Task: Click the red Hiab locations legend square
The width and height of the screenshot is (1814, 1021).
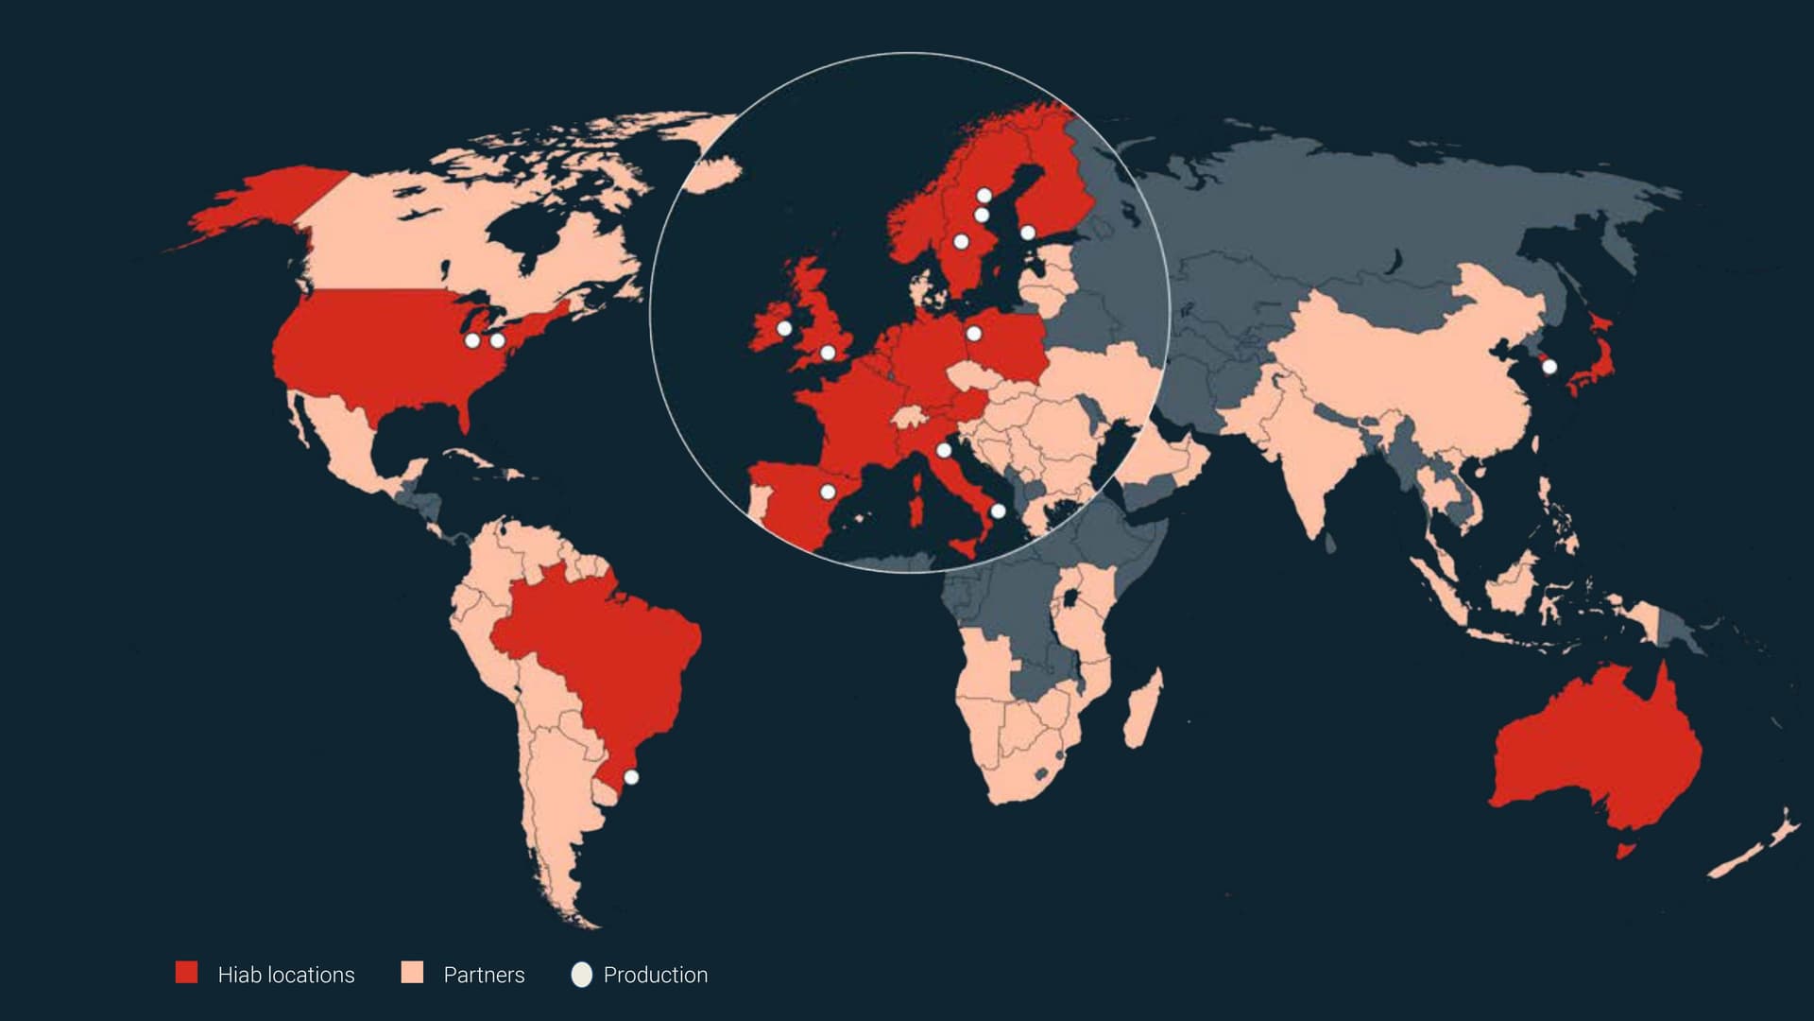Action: click(x=187, y=973)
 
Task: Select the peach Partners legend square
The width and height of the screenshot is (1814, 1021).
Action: click(x=412, y=973)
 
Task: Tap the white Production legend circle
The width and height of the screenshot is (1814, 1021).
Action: click(x=582, y=975)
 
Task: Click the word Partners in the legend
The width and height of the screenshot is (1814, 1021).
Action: click(x=484, y=975)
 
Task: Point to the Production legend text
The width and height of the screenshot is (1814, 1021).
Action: click(x=655, y=975)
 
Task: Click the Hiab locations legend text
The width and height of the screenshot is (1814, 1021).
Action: click(x=286, y=975)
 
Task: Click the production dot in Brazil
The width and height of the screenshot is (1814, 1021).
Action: click(x=631, y=777)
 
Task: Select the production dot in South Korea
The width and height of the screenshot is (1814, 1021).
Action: click(x=1549, y=367)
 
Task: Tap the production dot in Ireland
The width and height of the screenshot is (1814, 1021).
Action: click(x=784, y=328)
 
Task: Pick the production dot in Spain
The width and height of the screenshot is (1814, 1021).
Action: click(x=828, y=492)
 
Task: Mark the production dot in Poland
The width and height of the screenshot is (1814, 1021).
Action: click(x=974, y=333)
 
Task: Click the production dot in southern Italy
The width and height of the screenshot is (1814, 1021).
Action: click(x=998, y=511)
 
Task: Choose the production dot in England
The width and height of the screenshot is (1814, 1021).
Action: click(x=828, y=353)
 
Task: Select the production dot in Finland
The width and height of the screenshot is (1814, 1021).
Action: click(x=1028, y=233)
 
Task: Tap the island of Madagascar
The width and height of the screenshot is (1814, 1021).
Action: click(x=1143, y=709)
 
